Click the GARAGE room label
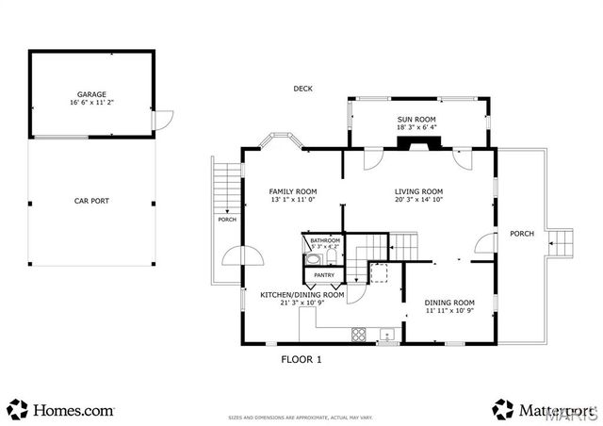coord(90,95)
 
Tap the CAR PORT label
coord(90,201)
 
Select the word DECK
coord(302,89)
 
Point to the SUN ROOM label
coord(417,119)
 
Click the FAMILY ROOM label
coord(292,190)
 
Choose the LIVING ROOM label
coord(418,190)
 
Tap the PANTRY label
coord(324,275)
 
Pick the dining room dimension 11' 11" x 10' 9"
coord(448,310)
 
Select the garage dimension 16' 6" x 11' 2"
coord(90,104)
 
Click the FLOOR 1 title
coord(301,359)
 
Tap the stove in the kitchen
coord(358,334)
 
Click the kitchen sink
coord(387,335)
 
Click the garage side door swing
coord(164,120)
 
